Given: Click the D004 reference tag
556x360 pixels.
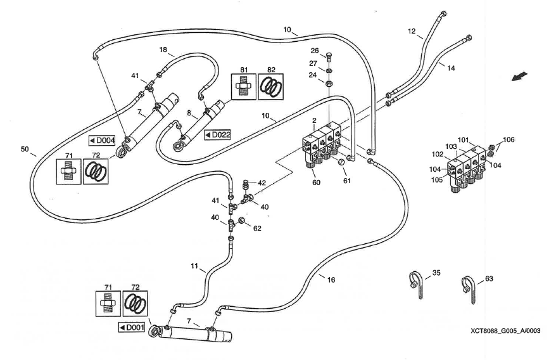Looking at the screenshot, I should pyautogui.click(x=101, y=140).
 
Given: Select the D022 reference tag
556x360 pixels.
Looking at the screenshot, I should pyautogui.click(x=217, y=134).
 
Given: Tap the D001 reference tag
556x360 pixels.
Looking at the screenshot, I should pyautogui.click(x=132, y=327).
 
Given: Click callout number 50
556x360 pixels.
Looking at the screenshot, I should pyautogui.click(x=25, y=150).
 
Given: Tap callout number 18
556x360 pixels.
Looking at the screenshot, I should pyautogui.click(x=163, y=49).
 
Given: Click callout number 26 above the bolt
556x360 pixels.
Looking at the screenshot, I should pyautogui.click(x=314, y=51).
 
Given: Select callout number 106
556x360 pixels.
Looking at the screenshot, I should pyautogui.click(x=509, y=139).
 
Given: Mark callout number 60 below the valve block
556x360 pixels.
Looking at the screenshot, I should pyautogui.click(x=316, y=183).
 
